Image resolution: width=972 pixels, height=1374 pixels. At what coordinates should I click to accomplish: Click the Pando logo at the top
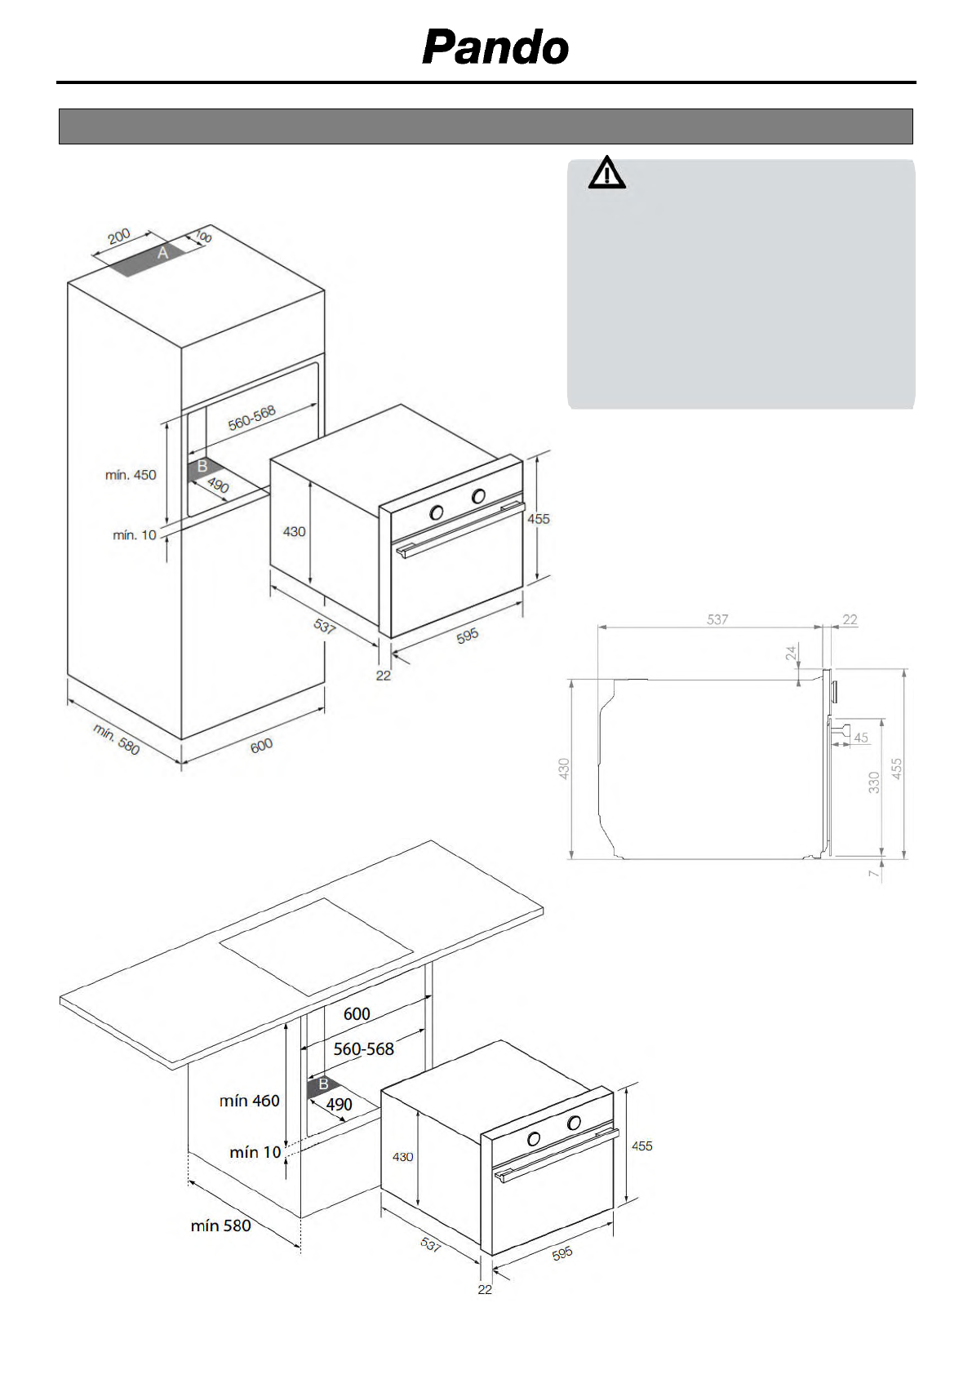pos(495,47)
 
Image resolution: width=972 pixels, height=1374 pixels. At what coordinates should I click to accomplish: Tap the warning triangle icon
pos(607,173)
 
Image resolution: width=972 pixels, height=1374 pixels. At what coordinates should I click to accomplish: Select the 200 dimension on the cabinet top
pos(119,237)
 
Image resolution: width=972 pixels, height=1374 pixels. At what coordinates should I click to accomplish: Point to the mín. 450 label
pos(131,475)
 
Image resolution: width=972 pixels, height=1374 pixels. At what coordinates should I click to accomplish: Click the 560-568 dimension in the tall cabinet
pos(251,418)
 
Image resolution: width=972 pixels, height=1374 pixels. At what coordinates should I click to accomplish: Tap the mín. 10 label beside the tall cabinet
pos(135,535)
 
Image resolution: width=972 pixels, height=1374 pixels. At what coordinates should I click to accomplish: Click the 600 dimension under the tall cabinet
pos(261,746)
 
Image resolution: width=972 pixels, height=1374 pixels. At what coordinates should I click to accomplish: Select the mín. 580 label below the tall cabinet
pos(117,739)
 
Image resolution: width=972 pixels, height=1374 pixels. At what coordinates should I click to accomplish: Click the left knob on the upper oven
pos(437,512)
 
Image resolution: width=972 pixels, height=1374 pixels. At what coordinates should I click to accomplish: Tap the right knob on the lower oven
pos(575,1123)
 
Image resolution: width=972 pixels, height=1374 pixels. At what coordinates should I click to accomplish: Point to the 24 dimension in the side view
pos(791,653)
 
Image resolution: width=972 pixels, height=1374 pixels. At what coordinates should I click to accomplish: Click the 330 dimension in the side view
pos(874,782)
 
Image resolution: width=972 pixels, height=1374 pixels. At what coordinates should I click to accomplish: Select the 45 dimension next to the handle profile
pos(861,738)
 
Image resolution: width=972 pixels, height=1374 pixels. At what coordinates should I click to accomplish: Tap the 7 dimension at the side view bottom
pos(874,874)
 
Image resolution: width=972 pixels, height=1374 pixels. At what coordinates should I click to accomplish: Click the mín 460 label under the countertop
pos(250,1101)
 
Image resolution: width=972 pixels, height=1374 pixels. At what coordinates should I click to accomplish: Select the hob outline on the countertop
pos(317,946)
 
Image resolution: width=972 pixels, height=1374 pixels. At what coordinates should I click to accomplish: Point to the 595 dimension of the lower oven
pos(562,1253)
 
